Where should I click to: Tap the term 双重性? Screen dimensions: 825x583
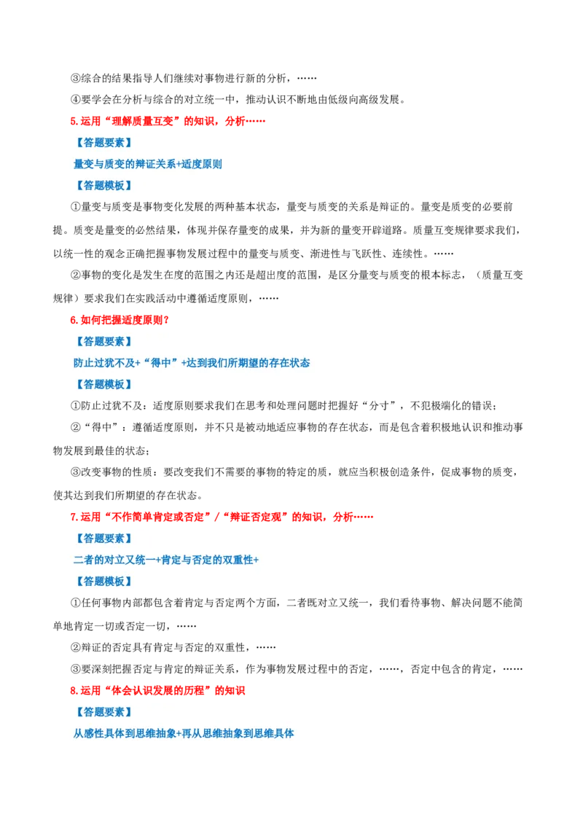click(238, 560)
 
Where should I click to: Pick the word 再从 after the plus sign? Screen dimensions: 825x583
click(192, 734)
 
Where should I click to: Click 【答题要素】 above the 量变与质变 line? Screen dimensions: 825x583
click(103, 143)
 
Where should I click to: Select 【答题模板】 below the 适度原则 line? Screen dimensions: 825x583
click(103, 186)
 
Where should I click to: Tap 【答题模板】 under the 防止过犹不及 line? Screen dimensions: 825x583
click(103, 384)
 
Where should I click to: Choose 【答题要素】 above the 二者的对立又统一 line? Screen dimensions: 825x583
click(103, 539)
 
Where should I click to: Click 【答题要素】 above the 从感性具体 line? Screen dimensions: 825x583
click(103, 712)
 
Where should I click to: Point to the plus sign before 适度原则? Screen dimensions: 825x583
click(179, 165)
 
